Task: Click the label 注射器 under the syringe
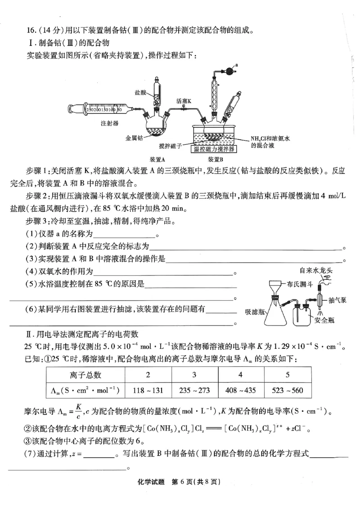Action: coord(110,123)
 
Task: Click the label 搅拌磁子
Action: coord(170,146)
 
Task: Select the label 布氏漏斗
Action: coord(301,284)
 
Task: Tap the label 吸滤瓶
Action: coord(253,311)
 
